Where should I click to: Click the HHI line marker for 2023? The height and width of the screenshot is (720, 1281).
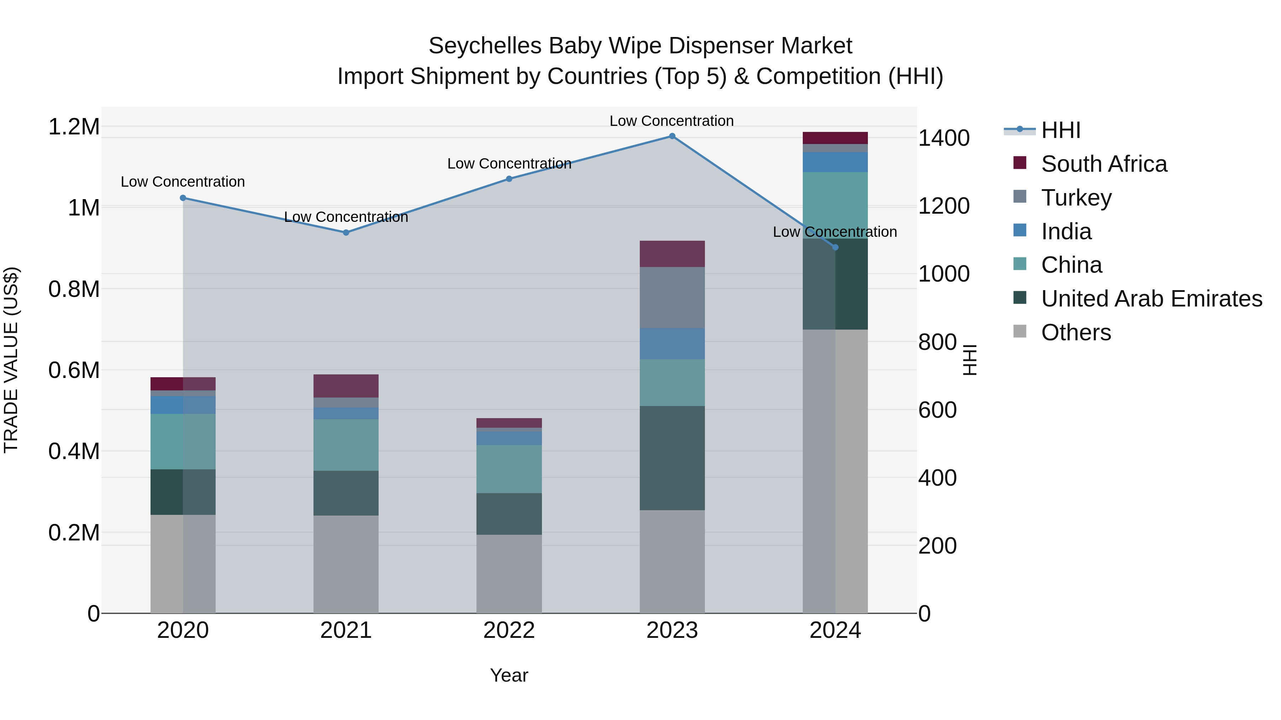point(672,136)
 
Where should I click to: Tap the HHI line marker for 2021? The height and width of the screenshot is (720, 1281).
point(346,233)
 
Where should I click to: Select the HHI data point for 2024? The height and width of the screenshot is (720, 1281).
point(835,247)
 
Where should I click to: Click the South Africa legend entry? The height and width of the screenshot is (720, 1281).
point(1103,164)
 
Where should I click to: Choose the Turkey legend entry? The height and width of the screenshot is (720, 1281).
point(1076,198)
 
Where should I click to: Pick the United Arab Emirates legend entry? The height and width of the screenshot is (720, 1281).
point(1151,299)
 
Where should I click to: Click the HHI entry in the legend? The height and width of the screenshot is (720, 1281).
point(1060,130)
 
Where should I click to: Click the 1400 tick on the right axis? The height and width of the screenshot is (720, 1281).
point(943,138)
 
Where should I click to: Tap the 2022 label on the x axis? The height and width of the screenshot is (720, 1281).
point(509,630)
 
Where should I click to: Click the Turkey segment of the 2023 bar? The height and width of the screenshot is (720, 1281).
point(672,298)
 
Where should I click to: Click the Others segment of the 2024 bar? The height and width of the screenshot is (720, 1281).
point(835,471)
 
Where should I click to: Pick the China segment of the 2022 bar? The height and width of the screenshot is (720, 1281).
point(509,469)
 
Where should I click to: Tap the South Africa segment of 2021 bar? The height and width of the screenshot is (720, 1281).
point(346,386)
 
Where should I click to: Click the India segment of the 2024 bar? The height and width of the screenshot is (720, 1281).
point(835,162)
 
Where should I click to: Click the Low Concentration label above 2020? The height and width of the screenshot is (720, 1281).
point(183,182)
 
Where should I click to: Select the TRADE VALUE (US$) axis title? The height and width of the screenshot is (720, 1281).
point(11,360)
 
